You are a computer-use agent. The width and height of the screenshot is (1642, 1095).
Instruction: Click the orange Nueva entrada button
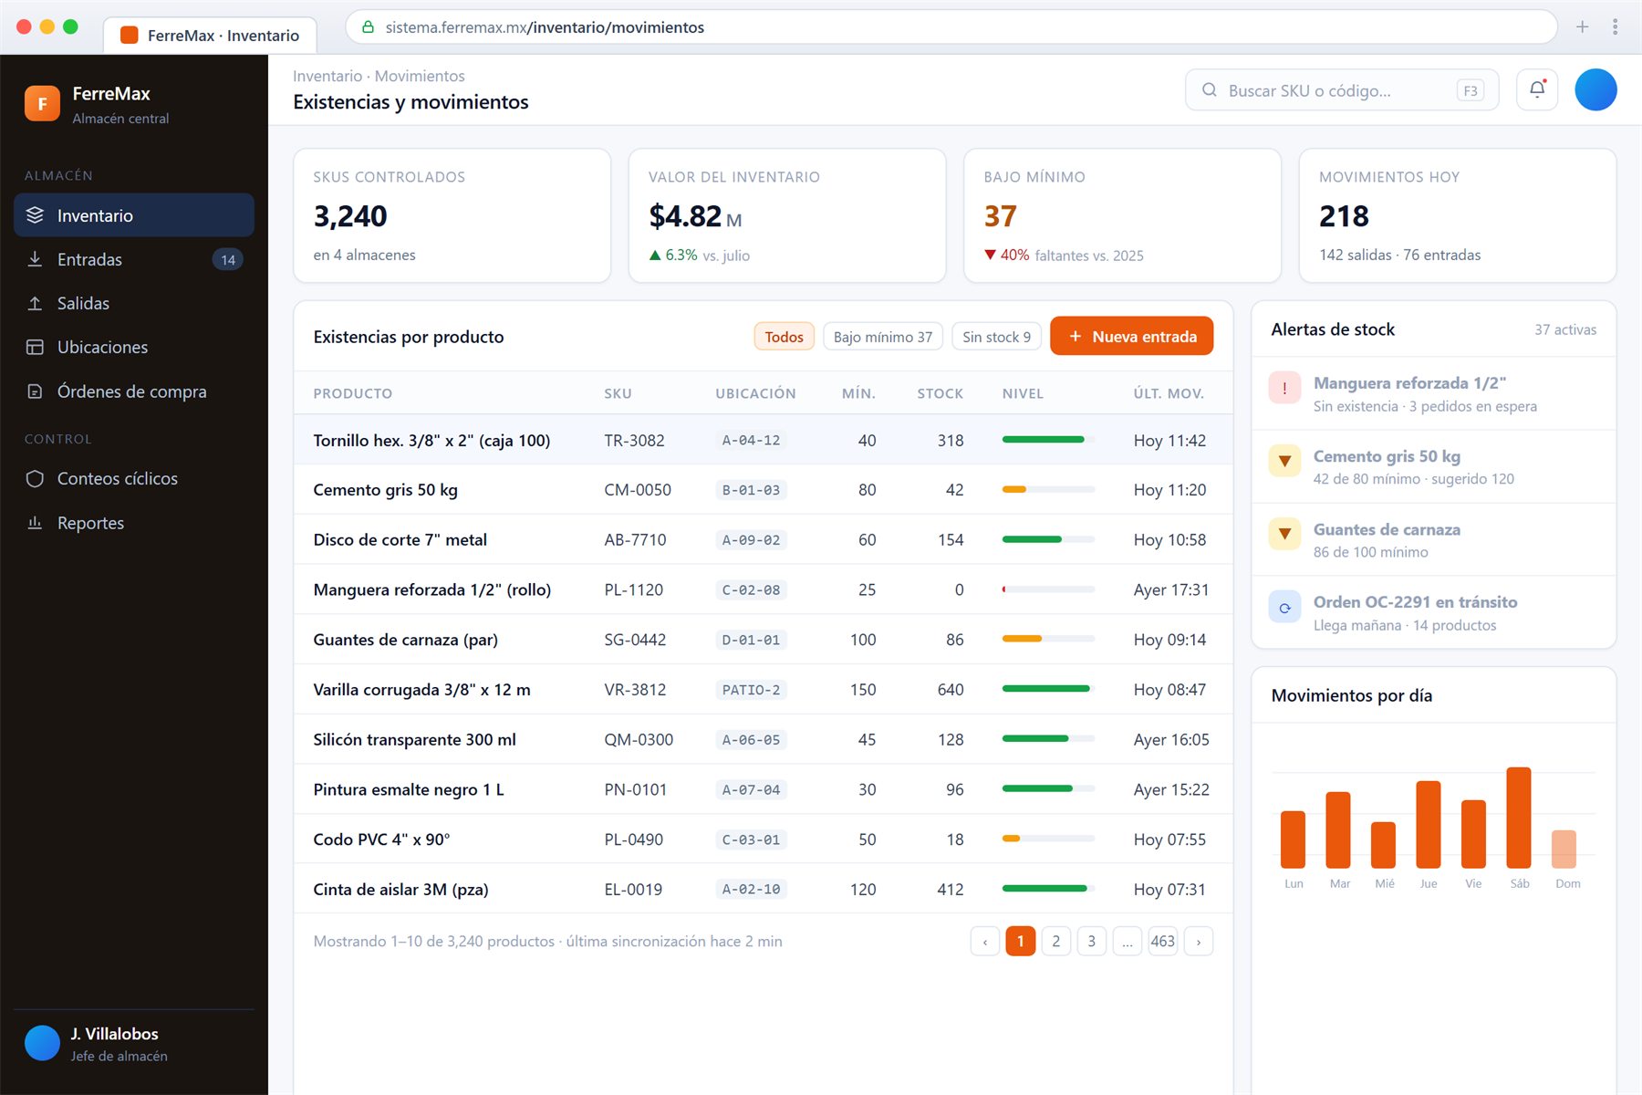click(x=1131, y=336)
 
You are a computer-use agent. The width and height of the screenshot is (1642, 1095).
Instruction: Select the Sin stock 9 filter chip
click(x=996, y=337)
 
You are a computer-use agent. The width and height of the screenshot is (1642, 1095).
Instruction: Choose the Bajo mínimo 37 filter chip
click(x=882, y=337)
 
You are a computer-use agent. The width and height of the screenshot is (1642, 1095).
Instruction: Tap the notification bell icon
click(x=1537, y=89)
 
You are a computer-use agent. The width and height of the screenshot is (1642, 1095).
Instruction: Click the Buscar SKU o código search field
click(x=1342, y=90)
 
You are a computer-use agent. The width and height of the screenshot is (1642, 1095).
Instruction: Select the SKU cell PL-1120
click(x=633, y=589)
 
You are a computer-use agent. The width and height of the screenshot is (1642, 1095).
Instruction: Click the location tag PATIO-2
click(x=751, y=690)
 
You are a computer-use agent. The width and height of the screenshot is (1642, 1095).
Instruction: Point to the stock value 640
click(x=950, y=690)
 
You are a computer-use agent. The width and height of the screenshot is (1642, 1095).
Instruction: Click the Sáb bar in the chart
click(x=1519, y=818)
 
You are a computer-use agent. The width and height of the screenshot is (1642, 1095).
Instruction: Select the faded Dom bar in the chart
click(x=1564, y=849)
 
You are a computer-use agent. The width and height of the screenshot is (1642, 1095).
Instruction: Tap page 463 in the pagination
click(x=1162, y=941)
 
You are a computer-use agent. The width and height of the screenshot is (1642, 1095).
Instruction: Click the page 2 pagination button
click(x=1055, y=941)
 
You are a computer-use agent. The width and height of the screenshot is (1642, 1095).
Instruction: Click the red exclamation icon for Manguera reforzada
click(x=1284, y=388)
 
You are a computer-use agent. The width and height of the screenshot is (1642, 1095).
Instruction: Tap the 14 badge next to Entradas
click(x=228, y=260)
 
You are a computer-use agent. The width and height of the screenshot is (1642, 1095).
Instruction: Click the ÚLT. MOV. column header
click(x=1169, y=393)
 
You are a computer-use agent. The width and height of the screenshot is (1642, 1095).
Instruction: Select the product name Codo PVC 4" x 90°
click(x=381, y=839)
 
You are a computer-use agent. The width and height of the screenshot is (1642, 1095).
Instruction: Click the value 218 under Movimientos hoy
click(x=1344, y=216)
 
